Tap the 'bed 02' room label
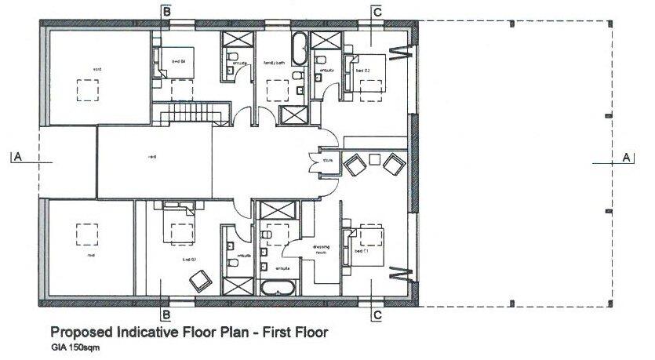coord(362,71)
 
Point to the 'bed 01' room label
coord(361,251)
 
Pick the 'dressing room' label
coord(321,249)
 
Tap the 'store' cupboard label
coord(328,160)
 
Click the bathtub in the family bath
coord(299,49)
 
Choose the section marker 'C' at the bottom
coord(377,315)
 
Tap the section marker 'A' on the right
coord(626,157)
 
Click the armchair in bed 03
coord(199,278)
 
